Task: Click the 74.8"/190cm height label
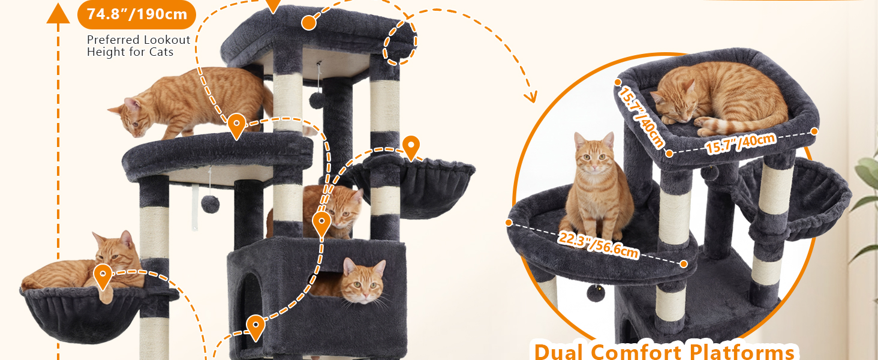[137, 14]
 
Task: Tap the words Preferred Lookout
[139, 40]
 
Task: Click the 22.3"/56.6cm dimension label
[598, 245]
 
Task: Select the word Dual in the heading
[560, 352]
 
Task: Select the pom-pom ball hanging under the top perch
[317, 100]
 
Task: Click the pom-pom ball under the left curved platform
[210, 205]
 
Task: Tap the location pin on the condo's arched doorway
[255, 328]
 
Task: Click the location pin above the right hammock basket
[411, 148]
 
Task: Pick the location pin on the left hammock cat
[103, 277]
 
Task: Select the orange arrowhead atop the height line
[58, 14]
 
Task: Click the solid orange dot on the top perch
[308, 23]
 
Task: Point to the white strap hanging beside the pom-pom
[195, 208]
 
